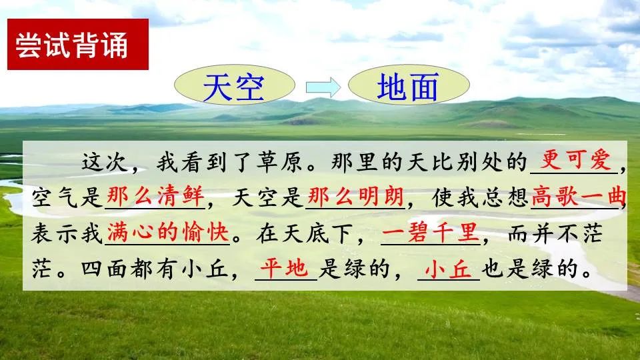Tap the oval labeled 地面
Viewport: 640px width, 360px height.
point(408,87)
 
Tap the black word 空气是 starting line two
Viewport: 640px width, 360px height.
point(68,198)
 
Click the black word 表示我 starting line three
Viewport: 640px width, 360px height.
point(68,233)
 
